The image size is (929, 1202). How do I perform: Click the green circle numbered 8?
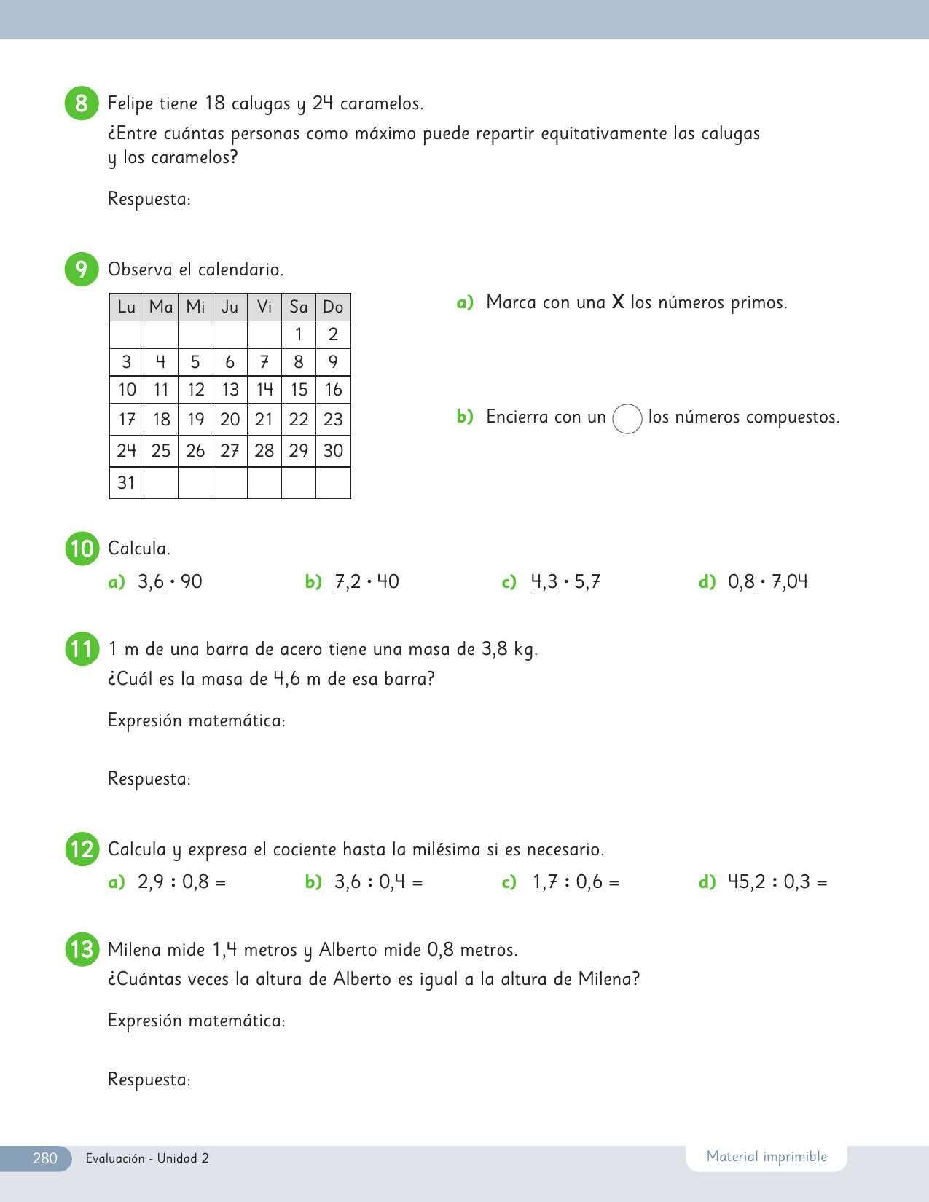82,103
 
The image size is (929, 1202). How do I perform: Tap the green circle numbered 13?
82,950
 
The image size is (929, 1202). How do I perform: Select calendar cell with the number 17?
127,420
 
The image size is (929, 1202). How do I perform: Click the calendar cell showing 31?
127,482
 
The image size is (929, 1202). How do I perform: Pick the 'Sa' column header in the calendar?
299,307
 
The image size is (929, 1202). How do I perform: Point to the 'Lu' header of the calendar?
127,307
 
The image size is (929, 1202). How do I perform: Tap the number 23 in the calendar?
333,420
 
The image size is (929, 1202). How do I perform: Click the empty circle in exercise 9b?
627,419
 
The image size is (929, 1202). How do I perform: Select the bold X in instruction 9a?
618,302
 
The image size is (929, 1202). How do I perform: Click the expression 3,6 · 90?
170,582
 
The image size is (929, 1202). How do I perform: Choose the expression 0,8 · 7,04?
768,582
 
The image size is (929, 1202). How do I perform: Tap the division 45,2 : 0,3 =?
777,882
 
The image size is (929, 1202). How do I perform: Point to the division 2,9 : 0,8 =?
181,882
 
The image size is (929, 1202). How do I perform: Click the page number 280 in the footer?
44,1158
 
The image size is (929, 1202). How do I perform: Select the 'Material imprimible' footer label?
767,1157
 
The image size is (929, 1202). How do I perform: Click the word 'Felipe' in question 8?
131,103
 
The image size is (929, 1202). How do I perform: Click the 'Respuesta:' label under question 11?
149,779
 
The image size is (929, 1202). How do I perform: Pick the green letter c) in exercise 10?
509,582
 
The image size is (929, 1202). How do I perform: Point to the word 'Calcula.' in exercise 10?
139,549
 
